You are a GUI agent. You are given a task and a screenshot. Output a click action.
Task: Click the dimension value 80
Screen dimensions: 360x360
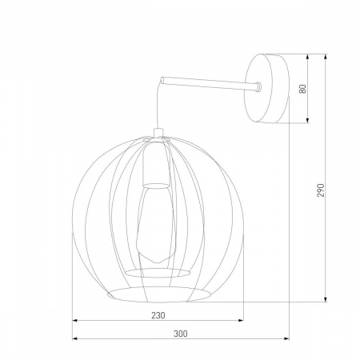click(303, 89)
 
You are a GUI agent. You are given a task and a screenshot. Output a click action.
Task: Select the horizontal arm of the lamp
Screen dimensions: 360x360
click(208, 84)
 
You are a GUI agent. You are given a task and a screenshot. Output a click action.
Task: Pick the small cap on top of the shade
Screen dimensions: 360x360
click(157, 133)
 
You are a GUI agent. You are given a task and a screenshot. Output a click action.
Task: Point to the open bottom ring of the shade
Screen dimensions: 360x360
click(157, 290)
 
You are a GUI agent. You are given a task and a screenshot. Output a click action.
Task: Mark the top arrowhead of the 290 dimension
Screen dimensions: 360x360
click(326, 56)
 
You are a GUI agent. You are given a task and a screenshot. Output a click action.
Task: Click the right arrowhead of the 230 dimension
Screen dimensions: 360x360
click(242, 322)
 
